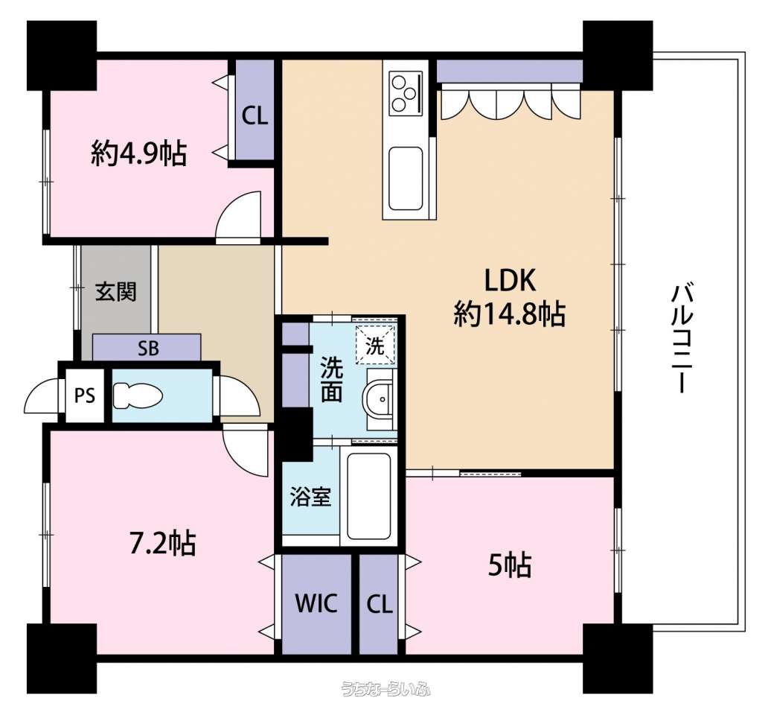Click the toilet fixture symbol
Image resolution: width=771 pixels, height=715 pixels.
coord(138,396)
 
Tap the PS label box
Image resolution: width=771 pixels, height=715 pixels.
coord(85,395)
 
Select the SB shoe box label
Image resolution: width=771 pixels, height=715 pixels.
coord(148,349)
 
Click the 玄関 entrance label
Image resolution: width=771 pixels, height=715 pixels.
coord(115,292)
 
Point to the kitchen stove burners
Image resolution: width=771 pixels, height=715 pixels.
coord(406,93)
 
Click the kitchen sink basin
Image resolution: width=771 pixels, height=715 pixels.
coord(406,179)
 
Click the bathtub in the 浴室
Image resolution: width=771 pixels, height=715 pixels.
coord(369,496)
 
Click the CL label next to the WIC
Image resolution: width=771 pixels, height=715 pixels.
coord(380,603)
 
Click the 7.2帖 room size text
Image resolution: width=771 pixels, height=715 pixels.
coord(163,543)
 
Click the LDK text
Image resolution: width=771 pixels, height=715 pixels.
coord(510,281)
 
